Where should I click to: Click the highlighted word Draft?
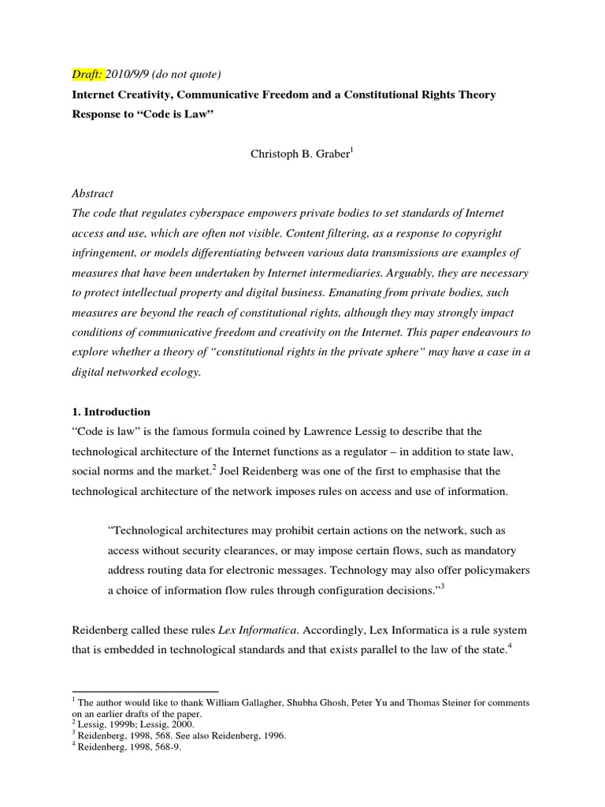pos(87,74)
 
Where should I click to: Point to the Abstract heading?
pos(92,193)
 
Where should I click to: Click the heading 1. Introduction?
pos(110,411)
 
